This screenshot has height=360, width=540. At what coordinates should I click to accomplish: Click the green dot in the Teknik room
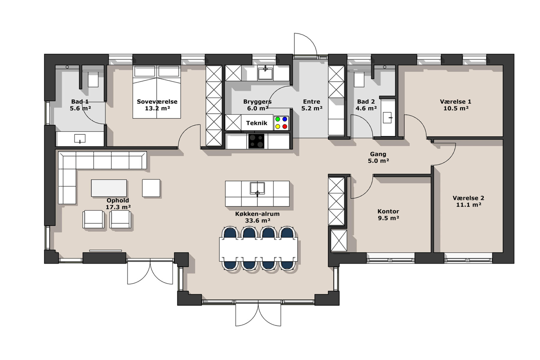(x=277, y=119)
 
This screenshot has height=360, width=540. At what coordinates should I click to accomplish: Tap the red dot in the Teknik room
(x=285, y=127)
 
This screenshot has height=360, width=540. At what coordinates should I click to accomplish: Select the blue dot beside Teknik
(x=285, y=119)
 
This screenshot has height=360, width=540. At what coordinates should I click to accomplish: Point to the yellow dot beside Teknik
(x=277, y=127)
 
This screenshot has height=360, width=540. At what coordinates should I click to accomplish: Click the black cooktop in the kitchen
(x=256, y=141)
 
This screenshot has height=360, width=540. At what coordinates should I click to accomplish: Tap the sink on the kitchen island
(x=257, y=188)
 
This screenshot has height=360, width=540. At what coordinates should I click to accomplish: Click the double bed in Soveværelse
(x=157, y=92)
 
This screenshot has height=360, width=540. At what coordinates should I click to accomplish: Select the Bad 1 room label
(x=80, y=102)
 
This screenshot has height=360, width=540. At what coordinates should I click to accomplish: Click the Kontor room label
(x=388, y=211)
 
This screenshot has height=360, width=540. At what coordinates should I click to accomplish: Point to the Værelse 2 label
(x=468, y=198)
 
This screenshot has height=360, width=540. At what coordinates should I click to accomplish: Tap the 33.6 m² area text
(x=258, y=220)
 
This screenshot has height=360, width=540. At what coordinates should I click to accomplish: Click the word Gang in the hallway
(x=378, y=154)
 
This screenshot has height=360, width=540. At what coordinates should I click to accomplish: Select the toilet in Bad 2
(x=359, y=79)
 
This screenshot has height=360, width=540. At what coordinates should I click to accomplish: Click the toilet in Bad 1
(x=93, y=79)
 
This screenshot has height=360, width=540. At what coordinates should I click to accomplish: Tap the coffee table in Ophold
(x=109, y=188)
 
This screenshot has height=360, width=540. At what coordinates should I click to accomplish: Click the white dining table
(x=258, y=249)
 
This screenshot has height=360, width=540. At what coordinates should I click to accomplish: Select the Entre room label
(x=311, y=102)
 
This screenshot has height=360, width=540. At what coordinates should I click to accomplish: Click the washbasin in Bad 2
(x=388, y=118)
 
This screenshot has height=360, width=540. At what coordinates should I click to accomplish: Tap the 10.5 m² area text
(x=456, y=108)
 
